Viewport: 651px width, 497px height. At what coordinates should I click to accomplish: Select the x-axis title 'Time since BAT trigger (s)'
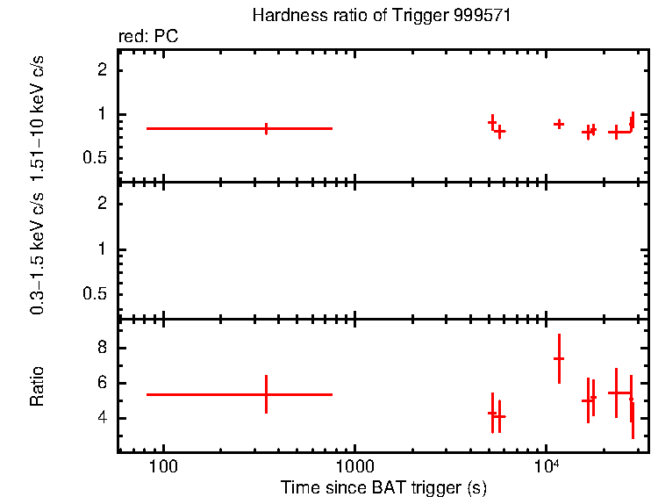(383, 486)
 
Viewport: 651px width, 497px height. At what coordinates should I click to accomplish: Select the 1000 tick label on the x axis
(354, 465)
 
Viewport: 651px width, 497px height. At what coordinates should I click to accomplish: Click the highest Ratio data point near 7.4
(559, 358)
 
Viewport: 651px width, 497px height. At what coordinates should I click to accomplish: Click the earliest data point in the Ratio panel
(266, 394)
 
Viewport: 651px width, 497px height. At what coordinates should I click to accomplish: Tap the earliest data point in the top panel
(266, 128)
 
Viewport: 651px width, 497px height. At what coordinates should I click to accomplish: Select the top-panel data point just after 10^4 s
(559, 124)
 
